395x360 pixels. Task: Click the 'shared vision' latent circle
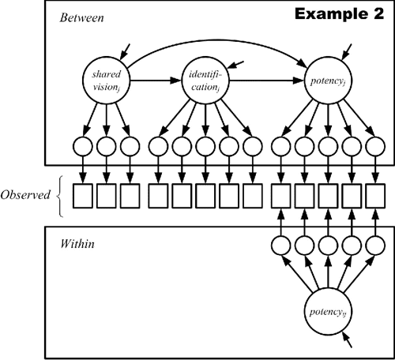pos(106,80)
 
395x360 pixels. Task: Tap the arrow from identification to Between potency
pos(265,80)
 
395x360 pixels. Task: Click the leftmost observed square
pos(83,194)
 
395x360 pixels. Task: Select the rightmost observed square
pos(374,194)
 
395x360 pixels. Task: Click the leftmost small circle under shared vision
pos(83,146)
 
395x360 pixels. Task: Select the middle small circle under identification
pos(205,146)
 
